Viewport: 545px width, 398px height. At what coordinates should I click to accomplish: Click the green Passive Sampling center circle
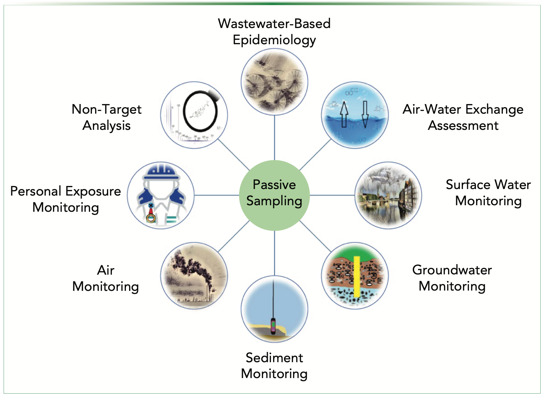[x=274, y=195]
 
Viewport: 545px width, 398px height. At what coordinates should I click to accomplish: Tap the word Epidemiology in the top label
[x=274, y=40]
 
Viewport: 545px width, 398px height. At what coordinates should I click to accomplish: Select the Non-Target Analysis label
[x=106, y=117]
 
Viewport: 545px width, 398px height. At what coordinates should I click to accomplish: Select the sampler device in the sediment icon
[x=273, y=326]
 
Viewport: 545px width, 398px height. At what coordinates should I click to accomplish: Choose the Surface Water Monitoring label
[x=488, y=193]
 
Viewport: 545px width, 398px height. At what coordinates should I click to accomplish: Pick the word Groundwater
[x=452, y=270]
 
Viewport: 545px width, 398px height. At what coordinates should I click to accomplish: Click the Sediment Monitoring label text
[x=274, y=366]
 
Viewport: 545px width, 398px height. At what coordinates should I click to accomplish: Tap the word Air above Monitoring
[x=106, y=270]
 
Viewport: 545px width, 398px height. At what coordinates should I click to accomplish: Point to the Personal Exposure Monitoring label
[x=65, y=199]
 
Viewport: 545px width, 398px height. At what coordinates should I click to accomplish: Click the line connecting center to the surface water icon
[x=332, y=195]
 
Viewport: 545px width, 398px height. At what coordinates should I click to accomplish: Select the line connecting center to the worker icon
[x=216, y=195]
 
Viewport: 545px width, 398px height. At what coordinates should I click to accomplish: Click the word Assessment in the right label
[x=463, y=126]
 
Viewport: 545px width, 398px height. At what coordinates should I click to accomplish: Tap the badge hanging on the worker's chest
[x=151, y=218]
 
